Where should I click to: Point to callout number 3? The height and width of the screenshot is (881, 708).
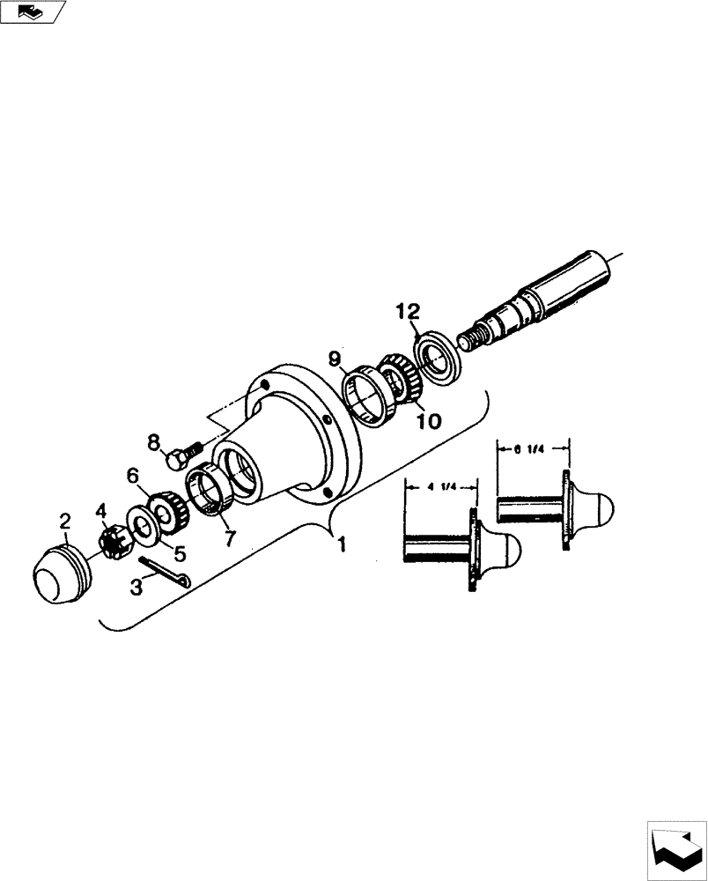click(137, 587)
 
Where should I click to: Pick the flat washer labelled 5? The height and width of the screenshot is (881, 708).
click(143, 522)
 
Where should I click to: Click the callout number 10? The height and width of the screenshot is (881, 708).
click(428, 421)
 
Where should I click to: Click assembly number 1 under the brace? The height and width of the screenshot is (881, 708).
click(342, 544)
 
